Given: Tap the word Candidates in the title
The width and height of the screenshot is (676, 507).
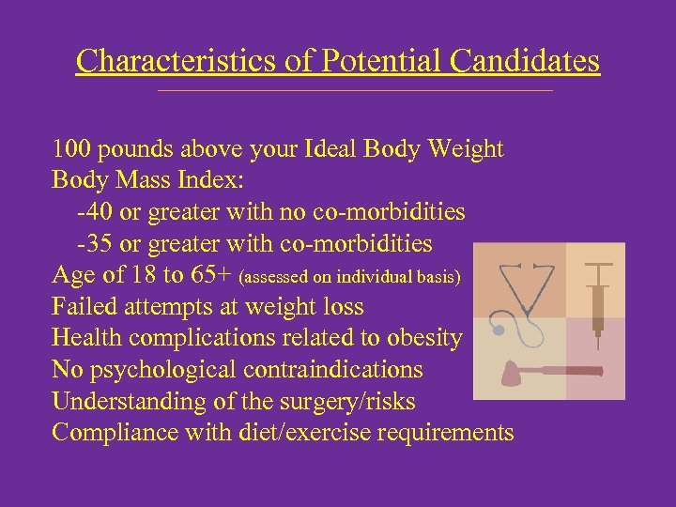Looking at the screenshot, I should (x=525, y=61).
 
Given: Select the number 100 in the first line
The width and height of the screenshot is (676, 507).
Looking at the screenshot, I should (x=71, y=149).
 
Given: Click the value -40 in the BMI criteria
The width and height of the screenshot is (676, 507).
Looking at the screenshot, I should (x=95, y=212).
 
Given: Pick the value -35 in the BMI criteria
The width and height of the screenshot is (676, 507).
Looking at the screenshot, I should (x=95, y=244).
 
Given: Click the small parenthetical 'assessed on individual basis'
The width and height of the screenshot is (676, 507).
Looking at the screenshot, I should (x=350, y=278).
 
